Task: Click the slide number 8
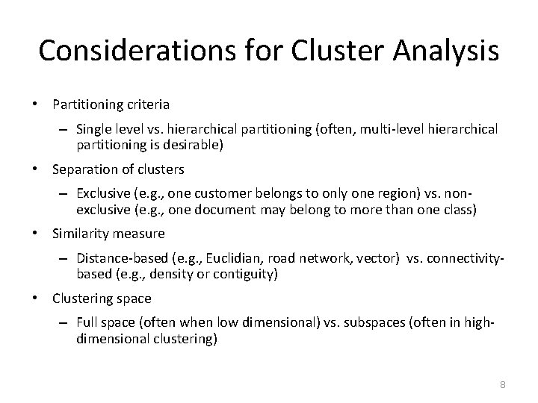point(503,384)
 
